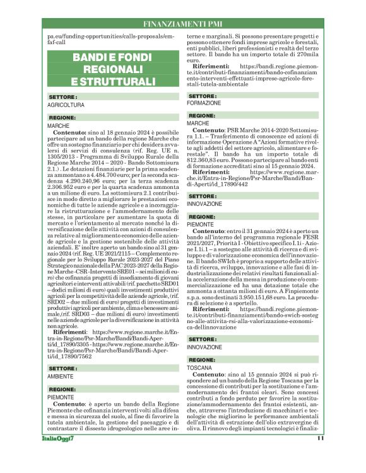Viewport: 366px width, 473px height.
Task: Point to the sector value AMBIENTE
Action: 61,377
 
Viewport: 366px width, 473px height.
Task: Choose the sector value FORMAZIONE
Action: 204,103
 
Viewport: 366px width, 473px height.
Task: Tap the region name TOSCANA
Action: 200,367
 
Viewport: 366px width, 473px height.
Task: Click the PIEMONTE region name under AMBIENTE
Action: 61,397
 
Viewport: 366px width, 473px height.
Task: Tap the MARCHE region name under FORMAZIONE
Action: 199,123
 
